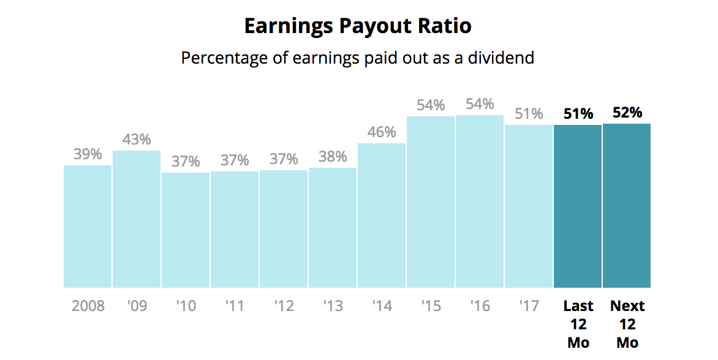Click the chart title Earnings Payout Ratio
pyautogui.click(x=358, y=26)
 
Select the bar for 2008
pyautogui.click(x=88, y=227)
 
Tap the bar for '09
pyautogui.click(x=137, y=219)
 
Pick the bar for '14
pyautogui.click(x=382, y=216)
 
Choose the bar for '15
pyautogui.click(x=431, y=202)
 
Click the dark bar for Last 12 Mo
pyautogui.click(x=578, y=206)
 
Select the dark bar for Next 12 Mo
pyautogui.click(x=627, y=206)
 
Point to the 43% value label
pyautogui.click(x=137, y=140)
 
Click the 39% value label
pyautogui.click(x=88, y=154)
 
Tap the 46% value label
pyautogui.click(x=382, y=132)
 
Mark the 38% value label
pyautogui.click(x=333, y=157)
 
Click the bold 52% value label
pyautogui.click(x=627, y=113)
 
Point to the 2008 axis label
pyautogui.click(x=88, y=306)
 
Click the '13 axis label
pyautogui.click(x=333, y=306)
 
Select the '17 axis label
pyautogui.click(x=529, y=306)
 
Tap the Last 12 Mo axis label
pyautogui.click(x=578, y=324)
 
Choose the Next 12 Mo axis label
pyautogui.click(x=627, y=324)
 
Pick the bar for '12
pyautogui.click(x=284, y=229)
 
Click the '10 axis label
pyautogui.click(x=186, y=306)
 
